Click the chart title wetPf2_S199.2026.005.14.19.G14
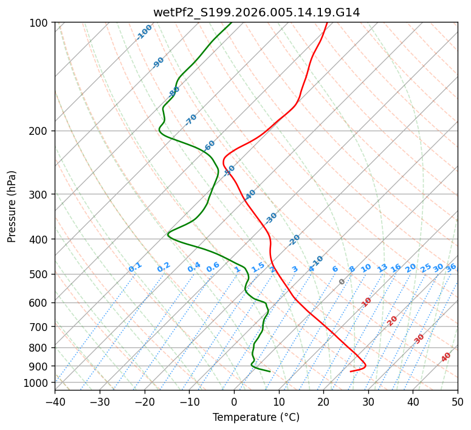coord(256,12)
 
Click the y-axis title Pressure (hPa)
coord(12,206)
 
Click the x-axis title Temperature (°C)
coord(256,417)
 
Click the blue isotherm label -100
coord(144,32)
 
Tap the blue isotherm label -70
coord(191,120)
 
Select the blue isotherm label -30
coord(270,218)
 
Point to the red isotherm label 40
coord(446,357)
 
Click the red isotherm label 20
coord(393,320)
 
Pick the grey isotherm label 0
coord(342,282)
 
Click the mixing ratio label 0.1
coord(135,267)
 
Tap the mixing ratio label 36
coord(451,268)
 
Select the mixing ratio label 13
coord(382,268)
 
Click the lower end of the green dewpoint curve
coord(269,372)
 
